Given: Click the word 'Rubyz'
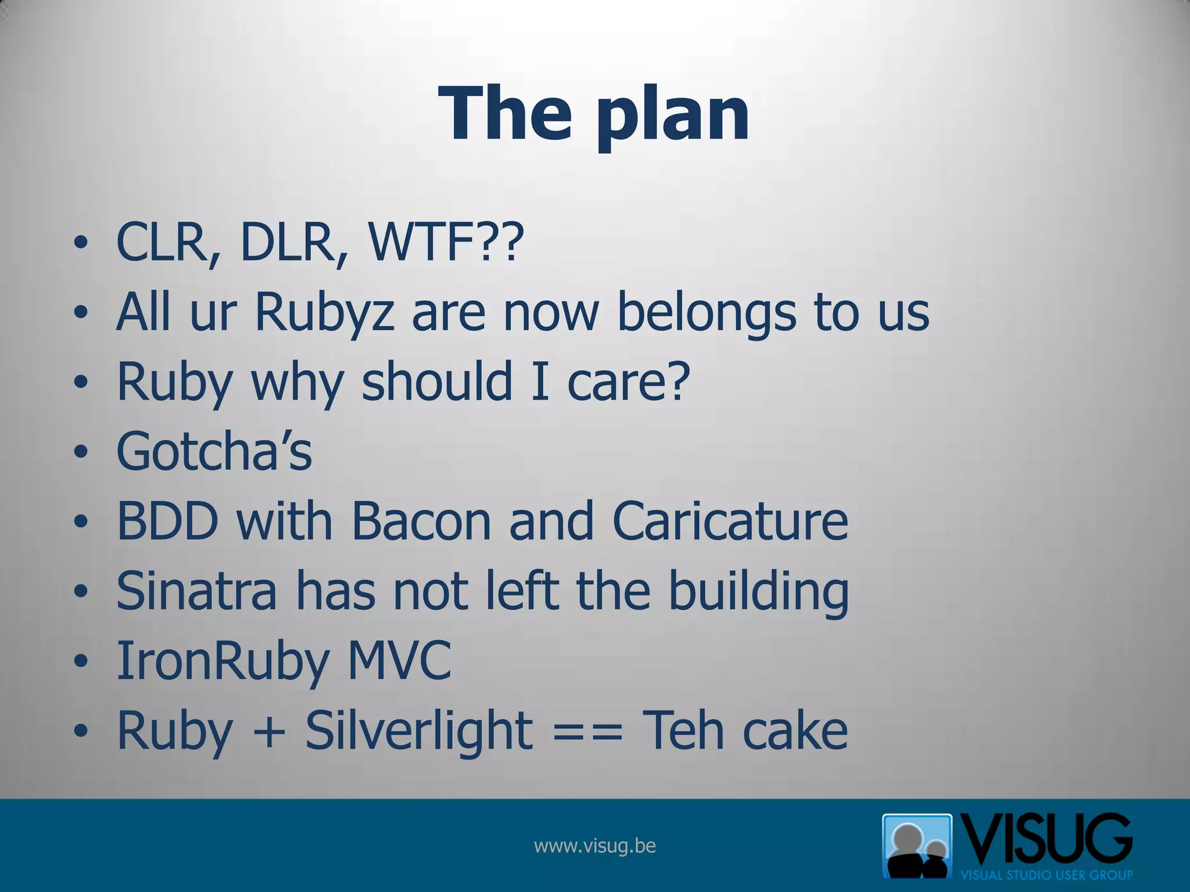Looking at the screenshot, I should (325, 312).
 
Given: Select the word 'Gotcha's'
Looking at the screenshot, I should (214, 451).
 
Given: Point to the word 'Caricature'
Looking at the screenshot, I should (730, 521).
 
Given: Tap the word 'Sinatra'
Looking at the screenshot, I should (197, 591).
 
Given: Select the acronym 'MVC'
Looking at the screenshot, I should (399, 660).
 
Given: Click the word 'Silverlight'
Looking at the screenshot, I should (418, 731).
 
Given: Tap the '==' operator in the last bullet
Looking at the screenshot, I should (587, 731).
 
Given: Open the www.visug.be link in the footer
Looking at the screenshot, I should (594, 846).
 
